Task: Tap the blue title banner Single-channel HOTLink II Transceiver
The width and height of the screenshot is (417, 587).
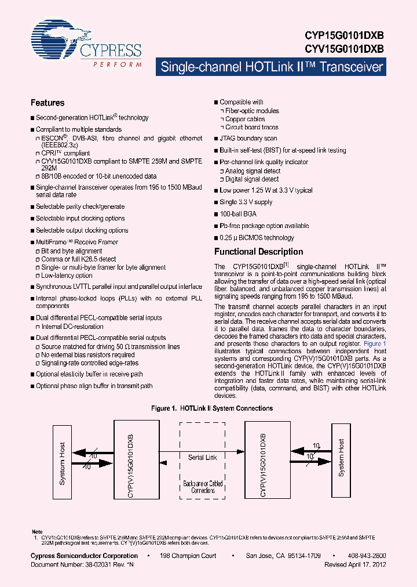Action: [x=271, y=67]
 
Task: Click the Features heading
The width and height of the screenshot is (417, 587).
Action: [x=47, y=103]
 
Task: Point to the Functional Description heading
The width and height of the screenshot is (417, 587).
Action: [x=258, y=252]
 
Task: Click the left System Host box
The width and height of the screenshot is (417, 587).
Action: [x=63, y=463]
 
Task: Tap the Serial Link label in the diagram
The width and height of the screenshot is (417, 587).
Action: [x=203, y=457]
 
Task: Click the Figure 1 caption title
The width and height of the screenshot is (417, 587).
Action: [x=211, y=408]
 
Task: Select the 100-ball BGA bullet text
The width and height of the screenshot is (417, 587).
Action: [x=238, y=214]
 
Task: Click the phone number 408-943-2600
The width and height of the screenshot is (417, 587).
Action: [x=368, y=556]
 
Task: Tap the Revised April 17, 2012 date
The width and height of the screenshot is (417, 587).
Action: [x=355, y=564]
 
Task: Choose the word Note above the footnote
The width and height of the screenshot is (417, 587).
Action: [x=36, y=531]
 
